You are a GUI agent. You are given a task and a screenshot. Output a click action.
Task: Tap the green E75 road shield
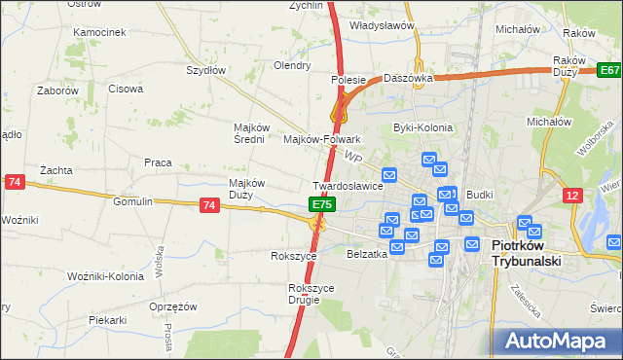click(x=323, y=205)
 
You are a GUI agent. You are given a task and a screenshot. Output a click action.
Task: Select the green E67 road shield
click(x=609, y=71)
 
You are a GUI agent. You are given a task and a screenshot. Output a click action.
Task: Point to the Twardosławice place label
click(x=347, y=186)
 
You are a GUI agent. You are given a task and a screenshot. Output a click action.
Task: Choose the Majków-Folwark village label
click(x=322, y=139)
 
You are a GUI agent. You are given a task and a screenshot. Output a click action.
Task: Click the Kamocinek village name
click(x=99, y=32)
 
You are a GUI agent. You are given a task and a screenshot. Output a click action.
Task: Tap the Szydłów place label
click(x=206, y=70)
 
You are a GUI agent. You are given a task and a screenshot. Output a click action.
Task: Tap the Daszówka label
click(x=407, y=77)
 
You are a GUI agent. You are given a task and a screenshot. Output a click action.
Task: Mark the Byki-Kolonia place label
click(x=420, y=127)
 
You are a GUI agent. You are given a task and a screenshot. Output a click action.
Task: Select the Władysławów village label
click(x=382, y=26)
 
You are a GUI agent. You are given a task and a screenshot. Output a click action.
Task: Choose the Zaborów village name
click(x=56, y=90)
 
